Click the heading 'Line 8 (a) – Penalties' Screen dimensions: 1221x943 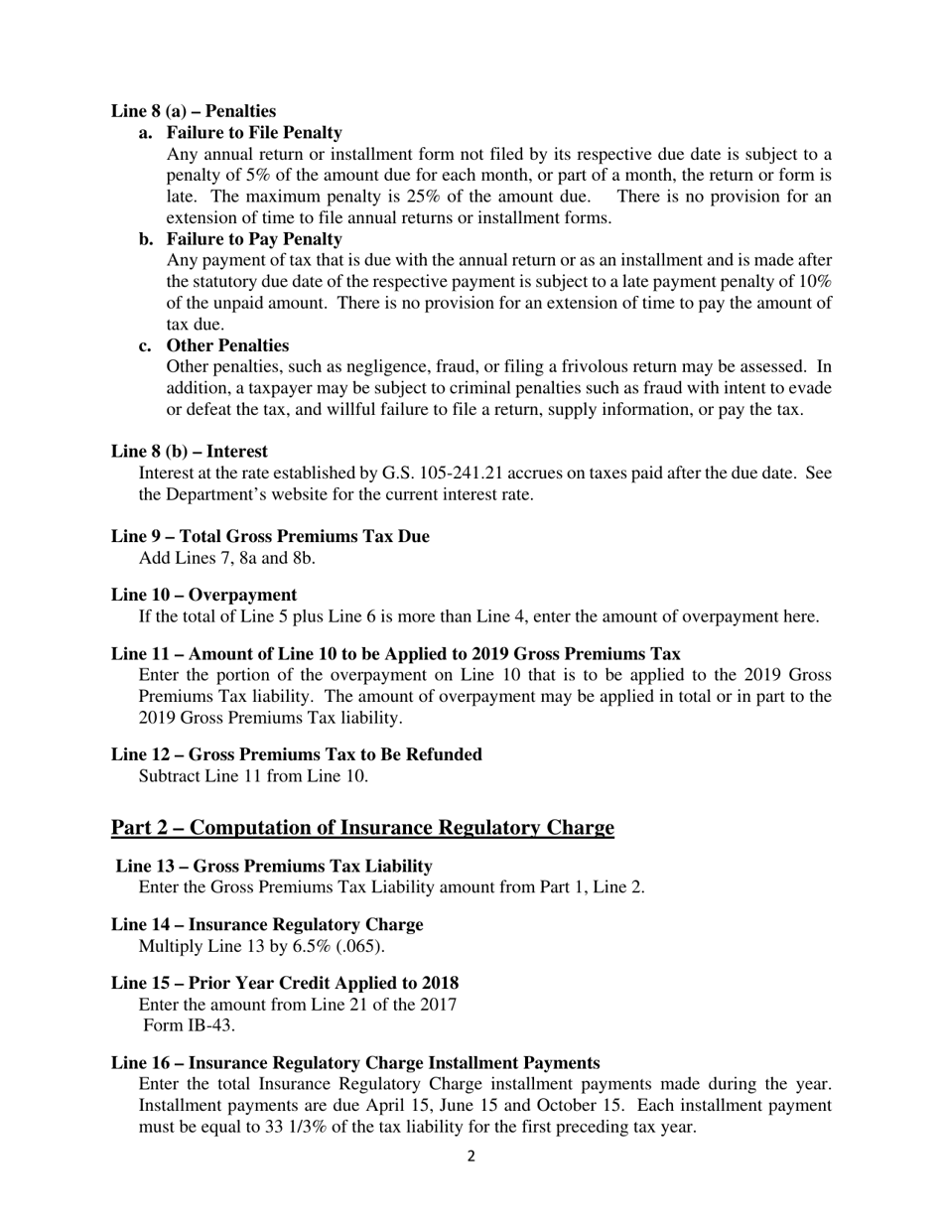pyautogui.click(x=194, y=111)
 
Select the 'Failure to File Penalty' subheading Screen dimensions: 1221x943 pyautogui.click(x=254, y=133)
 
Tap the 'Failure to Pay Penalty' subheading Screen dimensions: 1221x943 pyautogui.click(x=254, y=239)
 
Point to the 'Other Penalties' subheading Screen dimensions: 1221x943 pyautogui.click(x=227, y=345)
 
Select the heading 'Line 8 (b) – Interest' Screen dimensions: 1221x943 pyautogui.click(x=189, y=452)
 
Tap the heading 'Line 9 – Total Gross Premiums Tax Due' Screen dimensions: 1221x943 pyautogui.click(x=270, y=537)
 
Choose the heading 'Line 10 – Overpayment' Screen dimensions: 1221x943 pyautogui.click(x=203, y=596)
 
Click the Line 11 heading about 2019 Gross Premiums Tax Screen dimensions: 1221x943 pyautogui.click(x=395, y=654)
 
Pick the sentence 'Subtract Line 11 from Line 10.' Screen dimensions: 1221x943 pyautogui.click(x=253, y=776)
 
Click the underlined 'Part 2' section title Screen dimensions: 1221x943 pyautogui.click(x=362, y=828)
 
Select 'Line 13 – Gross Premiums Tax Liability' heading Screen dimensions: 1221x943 pyautogui.click(x=274, y=867)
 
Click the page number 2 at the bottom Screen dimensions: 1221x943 pyautogui.click(x=471, y=1156)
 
